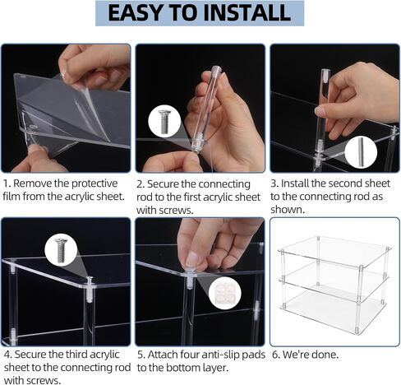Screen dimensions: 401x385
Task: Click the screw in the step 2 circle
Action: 164,122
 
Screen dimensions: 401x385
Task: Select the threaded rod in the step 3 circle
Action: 361,153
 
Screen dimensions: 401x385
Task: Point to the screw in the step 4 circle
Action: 61,251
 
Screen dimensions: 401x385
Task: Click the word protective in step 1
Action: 94,183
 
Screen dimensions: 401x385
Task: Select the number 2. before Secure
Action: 141,184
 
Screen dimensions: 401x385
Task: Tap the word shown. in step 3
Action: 288,210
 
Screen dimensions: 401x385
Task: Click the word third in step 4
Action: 76,355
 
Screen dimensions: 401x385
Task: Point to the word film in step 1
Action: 12,197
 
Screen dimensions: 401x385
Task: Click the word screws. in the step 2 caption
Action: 177,211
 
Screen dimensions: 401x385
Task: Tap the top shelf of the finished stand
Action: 334,251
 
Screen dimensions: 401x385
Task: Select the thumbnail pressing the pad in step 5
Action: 192,259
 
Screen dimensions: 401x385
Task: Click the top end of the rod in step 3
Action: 325,70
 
